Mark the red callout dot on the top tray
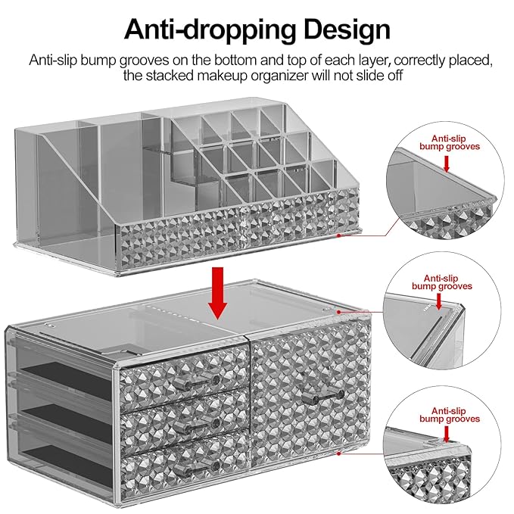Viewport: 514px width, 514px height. tap(340, 235)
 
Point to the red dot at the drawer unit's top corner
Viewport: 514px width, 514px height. tap(340, 311)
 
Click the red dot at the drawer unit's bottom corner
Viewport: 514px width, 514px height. tap(340, 452)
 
